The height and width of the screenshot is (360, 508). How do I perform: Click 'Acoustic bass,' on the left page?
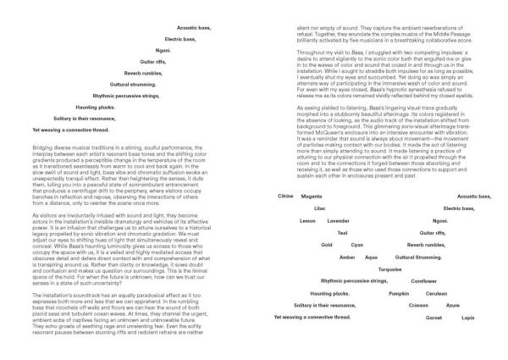(194, 28)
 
